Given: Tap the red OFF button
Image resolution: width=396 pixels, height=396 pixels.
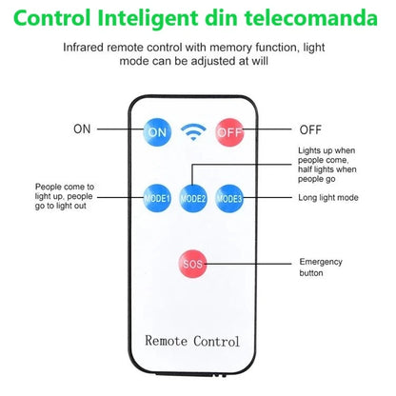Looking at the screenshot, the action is click(x=229, y=132).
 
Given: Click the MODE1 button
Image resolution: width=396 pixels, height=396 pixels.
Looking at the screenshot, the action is click(x=157, y=198).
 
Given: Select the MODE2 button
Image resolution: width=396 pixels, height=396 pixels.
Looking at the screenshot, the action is click(x=193, y=198).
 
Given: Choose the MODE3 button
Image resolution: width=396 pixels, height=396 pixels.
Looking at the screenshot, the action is click(x=229, y=198).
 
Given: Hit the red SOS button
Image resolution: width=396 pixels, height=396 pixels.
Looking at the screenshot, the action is click(x=192, y=264).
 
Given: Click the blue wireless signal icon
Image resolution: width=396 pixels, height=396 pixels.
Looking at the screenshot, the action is click(x=193, y=131).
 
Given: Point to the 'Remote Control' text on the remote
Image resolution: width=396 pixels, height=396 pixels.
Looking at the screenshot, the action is click(x=192, y=341).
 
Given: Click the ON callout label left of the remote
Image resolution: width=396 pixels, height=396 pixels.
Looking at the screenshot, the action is click(x=82, y=129).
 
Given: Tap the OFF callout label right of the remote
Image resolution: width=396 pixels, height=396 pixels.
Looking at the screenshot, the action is click(x=310, y=129).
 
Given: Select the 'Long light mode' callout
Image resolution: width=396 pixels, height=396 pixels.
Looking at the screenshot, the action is click(x=328, y=198).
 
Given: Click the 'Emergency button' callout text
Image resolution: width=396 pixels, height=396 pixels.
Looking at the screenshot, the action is click(x=321, y=267).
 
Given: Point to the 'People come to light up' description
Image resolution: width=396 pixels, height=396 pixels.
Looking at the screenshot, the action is click(x=65, y=196).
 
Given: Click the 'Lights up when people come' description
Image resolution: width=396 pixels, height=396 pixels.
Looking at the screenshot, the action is click(x=327, y=165).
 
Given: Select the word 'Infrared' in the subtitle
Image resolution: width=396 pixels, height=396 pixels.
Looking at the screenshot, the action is click(x=83, y=48).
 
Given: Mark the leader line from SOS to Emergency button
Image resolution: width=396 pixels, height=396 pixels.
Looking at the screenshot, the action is click(x=247, y=264).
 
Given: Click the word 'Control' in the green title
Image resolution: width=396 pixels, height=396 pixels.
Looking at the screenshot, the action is click(x=52, y=18).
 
